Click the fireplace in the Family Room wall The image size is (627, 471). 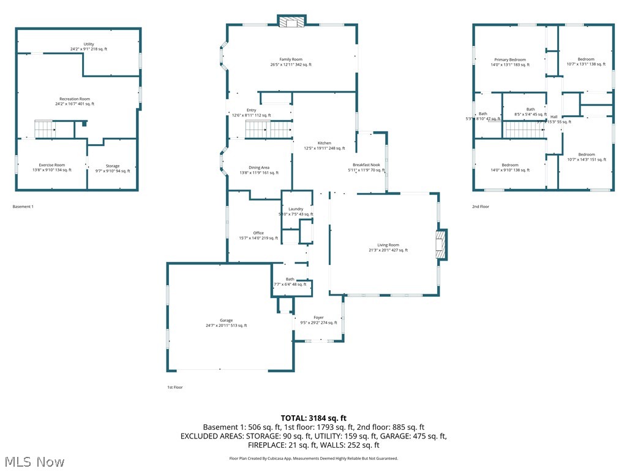[x=291, y=22]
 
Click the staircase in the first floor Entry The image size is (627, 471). [x=269, y=130]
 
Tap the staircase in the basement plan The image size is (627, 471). [x=45, y=129]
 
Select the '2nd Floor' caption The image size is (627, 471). [x=481, y=207]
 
